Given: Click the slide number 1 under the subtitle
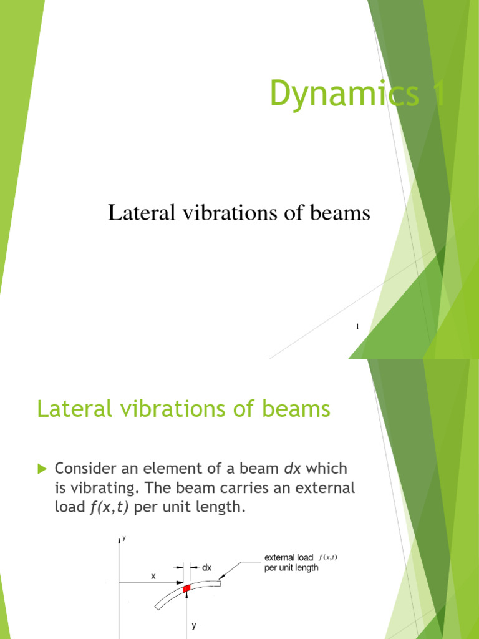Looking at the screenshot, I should (357, 326).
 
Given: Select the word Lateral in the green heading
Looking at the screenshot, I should (72, 409).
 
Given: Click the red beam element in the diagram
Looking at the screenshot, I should (186, 588).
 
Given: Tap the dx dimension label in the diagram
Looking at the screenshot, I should (207, 568).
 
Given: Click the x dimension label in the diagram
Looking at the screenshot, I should (153, 577).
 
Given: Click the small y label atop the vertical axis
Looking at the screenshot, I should (124, 538).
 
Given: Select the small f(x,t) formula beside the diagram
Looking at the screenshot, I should (328, 557).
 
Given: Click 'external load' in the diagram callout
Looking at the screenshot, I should (289, 557).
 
